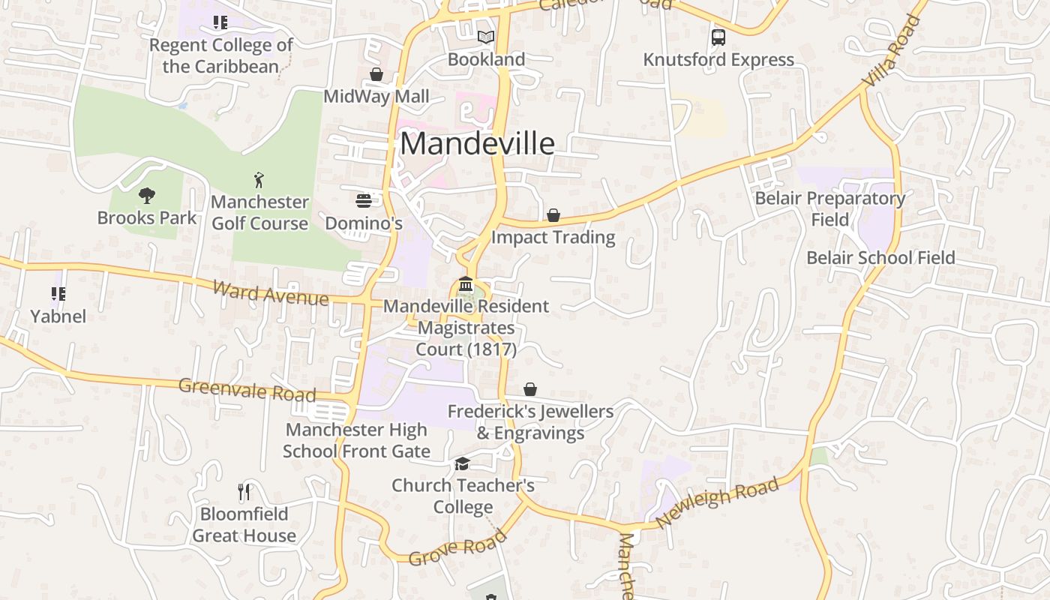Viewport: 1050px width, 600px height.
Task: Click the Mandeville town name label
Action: tap(477, 143)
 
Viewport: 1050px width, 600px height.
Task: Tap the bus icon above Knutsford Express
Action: tap(718, 37)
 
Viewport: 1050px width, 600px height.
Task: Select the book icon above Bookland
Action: tap(486, 37)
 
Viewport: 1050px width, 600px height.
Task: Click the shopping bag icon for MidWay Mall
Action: tap(376, 74)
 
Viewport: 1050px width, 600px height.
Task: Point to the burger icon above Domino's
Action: tap(364, 200)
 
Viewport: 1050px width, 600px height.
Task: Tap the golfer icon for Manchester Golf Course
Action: tap(259, 180)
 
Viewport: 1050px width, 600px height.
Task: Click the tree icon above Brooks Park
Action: tap(147, 196)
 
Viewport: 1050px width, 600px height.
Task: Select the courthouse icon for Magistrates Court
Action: tap(466, 284)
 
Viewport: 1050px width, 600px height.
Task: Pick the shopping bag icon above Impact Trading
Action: tap(553, 215)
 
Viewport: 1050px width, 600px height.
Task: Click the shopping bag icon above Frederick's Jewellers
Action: tap(530, 389)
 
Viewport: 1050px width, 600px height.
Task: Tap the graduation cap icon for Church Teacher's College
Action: tap(463, 463)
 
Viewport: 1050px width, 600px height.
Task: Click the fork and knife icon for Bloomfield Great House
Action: tap(244, 492)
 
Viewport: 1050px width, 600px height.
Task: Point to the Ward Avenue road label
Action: tap(270, 292)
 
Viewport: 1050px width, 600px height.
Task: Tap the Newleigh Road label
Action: tap(717, 502)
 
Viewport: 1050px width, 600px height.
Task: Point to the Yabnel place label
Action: tap(58, 316)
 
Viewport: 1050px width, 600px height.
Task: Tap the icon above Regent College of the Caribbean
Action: tap(220, 22)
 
